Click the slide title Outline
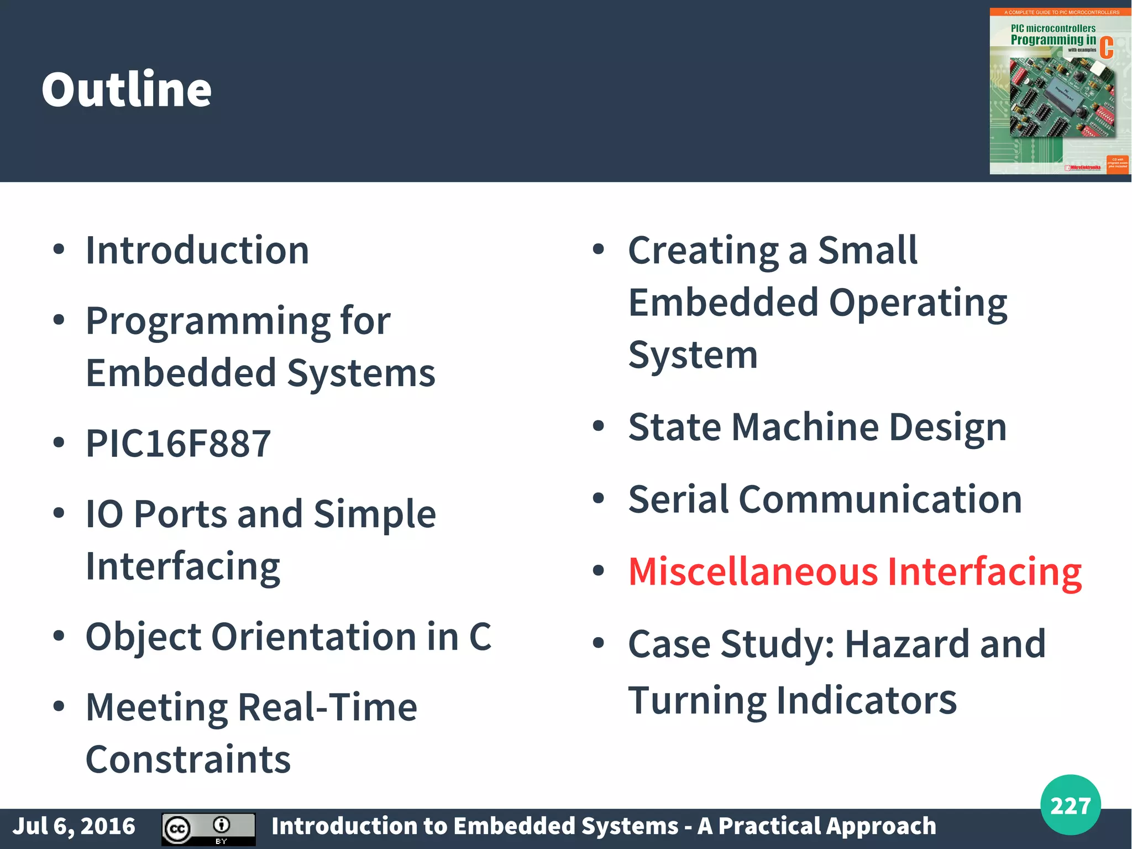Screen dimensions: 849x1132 pos(127,89)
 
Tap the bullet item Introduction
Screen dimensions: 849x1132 pos(197,251)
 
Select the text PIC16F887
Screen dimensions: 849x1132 pos(178,444)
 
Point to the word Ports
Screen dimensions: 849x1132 pos(180,514)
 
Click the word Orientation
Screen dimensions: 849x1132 pos(314,637)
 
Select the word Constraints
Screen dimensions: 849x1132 pos(188,759)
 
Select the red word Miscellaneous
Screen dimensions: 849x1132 pos(753,571)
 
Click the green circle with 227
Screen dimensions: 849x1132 pos(1070,805)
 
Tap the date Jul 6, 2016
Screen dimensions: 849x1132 pos(74,826)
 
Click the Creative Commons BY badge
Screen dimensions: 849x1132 pos(208,829)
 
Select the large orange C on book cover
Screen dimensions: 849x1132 pos(1106,48)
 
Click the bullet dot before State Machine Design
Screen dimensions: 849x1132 pos(598,426)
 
